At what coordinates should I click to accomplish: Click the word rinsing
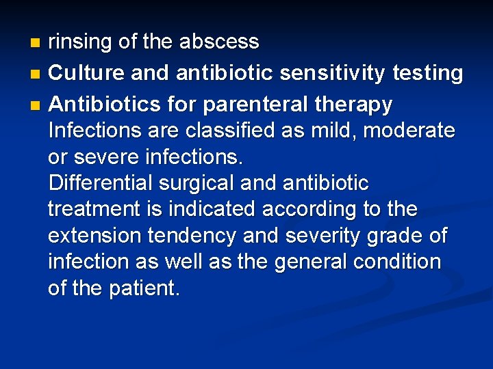pos(80,42)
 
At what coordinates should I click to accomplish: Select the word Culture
pos(88,72)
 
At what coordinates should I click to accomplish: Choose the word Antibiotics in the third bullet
pos(101,104)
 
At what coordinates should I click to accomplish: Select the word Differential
pos(101,183)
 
